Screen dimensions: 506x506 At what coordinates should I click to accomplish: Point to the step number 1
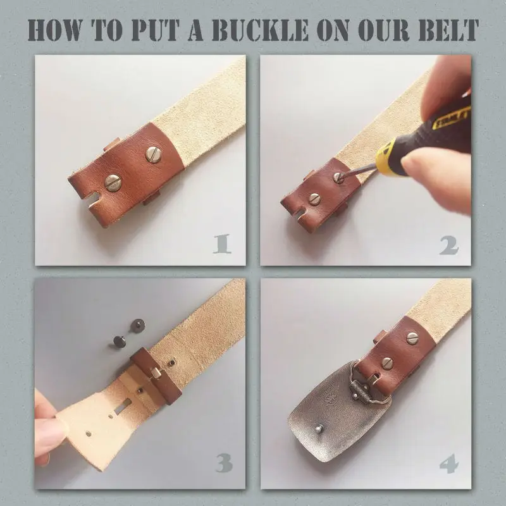click(x=221, y=244)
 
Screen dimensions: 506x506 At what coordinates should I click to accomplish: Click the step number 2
click(x=448, y=244)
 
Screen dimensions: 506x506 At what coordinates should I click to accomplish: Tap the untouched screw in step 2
click(x=314, y=199)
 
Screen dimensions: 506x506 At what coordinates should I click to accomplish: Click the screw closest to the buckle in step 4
click(x=386, y=362)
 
